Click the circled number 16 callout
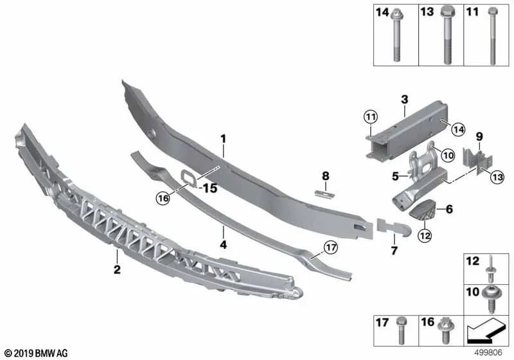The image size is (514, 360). click(x=163, y=199)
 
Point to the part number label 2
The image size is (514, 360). click(x=117, y=270)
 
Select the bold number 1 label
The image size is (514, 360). click(x=223, y=138)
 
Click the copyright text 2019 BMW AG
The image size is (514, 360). click(x=36, y=353)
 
